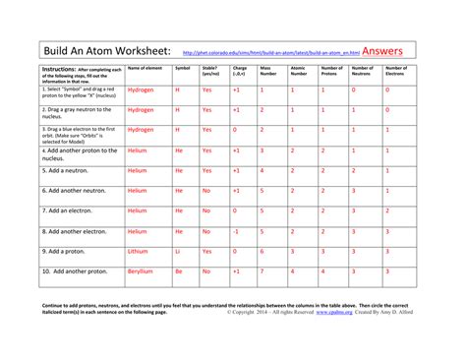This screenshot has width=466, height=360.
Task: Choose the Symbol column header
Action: pos(182,68)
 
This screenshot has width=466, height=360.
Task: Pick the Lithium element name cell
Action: pos(140,252)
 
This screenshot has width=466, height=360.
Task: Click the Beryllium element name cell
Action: pos(142,271)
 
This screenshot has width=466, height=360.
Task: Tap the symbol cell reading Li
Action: pos(178,252)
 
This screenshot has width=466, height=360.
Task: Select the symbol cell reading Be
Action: pos(179,271)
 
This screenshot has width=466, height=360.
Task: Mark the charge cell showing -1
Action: pos(235,231)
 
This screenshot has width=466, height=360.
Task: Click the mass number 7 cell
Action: pos(262,271)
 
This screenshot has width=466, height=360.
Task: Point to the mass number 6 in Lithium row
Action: pos(262,252)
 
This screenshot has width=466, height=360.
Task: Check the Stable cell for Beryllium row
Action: pos(206,271)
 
